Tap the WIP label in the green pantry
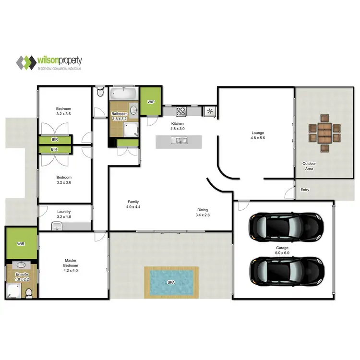click(x=151, y=102)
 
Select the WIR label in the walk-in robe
click(x=21, y=244)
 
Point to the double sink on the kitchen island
click(x=181, y=141)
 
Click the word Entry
click(x=305, y=190)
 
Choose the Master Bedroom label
click(x=71, y=263)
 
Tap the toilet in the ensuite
click(x=28, y=292)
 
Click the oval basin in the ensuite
click(x=21, y=264)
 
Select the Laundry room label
click(x=64, y=211)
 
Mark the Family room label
click(x=133, y=202)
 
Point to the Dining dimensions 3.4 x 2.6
click(x=202, y=215)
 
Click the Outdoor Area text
click(x=308, y=166)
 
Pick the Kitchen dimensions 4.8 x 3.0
click(x=178, y=129)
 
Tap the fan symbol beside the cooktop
click(x=210, y=111)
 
